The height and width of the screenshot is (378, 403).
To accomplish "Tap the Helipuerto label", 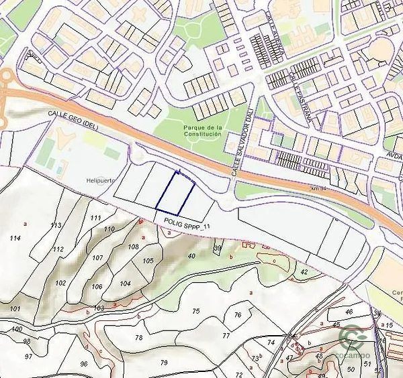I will (x=101, y=180).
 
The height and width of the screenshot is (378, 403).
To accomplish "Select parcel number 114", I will (x=15, y=238).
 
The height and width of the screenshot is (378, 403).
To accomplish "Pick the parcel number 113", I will (x=56, y=225).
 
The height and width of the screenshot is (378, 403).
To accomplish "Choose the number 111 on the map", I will (x=95, y=218).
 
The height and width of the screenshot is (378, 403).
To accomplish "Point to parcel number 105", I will (x=148, y=260).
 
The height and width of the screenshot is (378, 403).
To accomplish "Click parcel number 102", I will (x=60, y=283).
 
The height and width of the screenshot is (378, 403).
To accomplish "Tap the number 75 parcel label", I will (x=195, y=310).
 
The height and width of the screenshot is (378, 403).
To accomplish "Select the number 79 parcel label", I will (x=163, y=363).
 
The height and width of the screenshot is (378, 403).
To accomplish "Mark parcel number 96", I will (x=84, y=363).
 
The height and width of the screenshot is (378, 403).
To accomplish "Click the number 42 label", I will (x=304, y=271).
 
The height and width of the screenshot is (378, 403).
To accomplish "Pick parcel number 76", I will (x=237, y=314).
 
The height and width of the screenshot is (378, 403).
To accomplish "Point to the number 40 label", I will (x=191, y=255).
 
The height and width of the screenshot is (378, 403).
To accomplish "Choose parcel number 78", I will (x=138, y=337).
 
